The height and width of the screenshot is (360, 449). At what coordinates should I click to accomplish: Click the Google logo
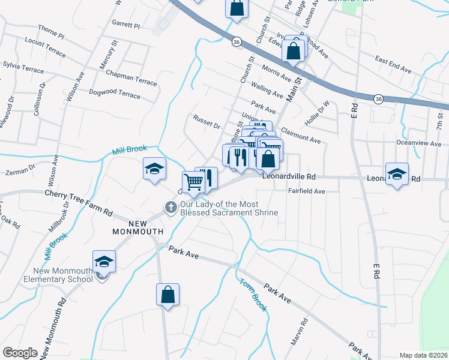click(20, 352)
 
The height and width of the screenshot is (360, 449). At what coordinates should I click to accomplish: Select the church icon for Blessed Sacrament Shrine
click(170, 208)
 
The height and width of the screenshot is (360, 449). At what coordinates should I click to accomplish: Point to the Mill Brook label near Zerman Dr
click(128, 150)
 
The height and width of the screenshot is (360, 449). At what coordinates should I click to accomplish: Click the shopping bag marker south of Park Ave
click(167, 295)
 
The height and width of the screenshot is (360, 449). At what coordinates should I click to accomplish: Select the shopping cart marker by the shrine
click(193, 182)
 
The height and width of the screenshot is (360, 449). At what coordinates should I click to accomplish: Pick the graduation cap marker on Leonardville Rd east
click(397, 174)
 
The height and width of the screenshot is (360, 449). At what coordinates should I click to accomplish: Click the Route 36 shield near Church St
click(237, 42)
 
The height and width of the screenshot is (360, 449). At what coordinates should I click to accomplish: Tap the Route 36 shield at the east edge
click(378, 98)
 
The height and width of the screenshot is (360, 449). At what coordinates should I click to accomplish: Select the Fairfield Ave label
click(306, 191)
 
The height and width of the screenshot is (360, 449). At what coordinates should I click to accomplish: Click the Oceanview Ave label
click(418, 143)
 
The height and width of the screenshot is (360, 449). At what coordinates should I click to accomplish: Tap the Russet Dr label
click(206, 123)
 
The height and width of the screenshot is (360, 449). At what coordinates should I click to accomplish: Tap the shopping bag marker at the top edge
click(237, 9)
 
